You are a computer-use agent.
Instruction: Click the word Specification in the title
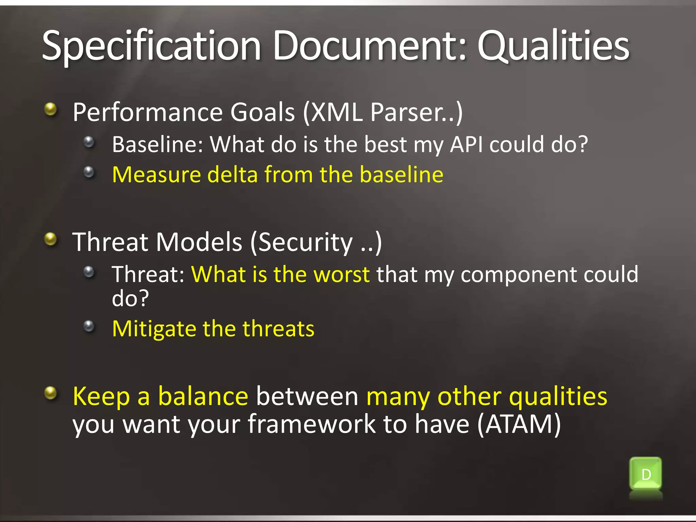[x=151, y=46]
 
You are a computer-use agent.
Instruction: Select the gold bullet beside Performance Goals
[x=51, y=109]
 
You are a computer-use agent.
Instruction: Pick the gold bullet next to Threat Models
[x=51, y=239]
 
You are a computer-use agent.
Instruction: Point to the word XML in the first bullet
[x=336, y=112]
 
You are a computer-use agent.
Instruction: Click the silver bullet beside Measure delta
[x=89, y=172]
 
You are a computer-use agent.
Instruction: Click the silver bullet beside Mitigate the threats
[x=89, y=326]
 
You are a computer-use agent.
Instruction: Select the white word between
[x=307, y=396]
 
